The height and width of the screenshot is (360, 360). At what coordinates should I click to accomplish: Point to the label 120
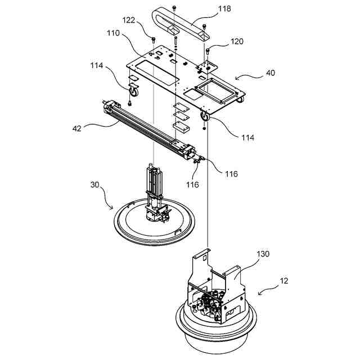pos(237,42)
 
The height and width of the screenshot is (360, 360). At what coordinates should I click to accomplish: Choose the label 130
pos(264,254)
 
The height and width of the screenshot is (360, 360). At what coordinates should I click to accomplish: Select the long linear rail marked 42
pos(149,128)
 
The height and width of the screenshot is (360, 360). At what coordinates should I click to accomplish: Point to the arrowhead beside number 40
pos(236,79)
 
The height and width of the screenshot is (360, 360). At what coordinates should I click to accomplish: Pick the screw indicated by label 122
pos(153,39)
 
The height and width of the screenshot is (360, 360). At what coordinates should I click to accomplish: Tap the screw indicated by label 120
pos(208,52)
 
